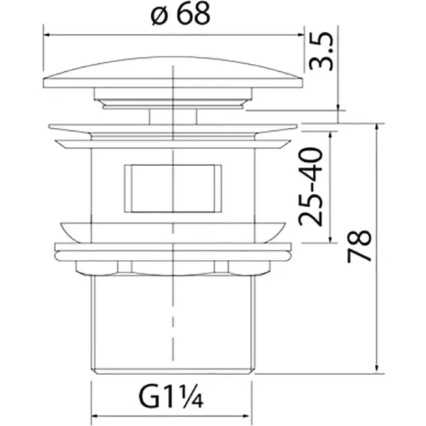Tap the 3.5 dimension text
322,51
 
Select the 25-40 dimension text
310,187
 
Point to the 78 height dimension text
359,246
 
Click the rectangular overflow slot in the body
173,188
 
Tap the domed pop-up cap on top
173,72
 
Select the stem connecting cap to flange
173,116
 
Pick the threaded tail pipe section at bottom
173,324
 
